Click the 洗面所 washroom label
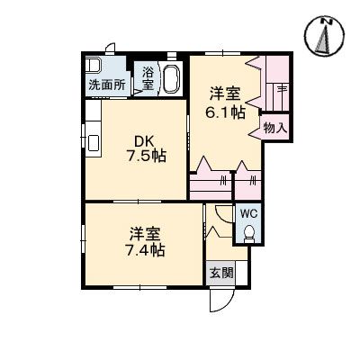pyautogui.click(x=106, y=85)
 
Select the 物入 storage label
pyautogui.click(x=274, y=129)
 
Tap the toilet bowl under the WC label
pyautogui.click(x=249, y=232)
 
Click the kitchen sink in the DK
pyautogui.click(x=94, y=143)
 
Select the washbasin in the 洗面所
pyautogui.click(x=94, y=67)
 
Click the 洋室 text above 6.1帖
pyautogui.click(x=224, y=93)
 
